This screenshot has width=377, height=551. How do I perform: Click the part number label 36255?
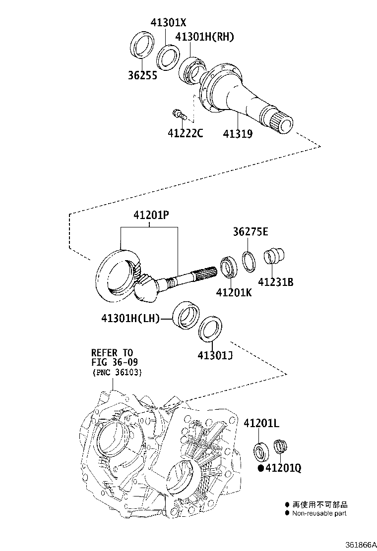click(143, 76)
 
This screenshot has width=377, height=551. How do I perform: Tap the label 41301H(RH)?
click(204, 37)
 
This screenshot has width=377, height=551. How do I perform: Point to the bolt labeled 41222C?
click(178, 115)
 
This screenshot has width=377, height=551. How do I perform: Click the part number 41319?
click(238, 133)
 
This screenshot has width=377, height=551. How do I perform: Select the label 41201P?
click(151, 216)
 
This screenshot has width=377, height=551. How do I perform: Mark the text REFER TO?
click(112, 353)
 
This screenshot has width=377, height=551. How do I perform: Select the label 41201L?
click(261, 423)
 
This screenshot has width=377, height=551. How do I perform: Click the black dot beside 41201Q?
click(260, 468)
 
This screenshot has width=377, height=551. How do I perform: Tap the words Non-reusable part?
click(319, 513)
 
